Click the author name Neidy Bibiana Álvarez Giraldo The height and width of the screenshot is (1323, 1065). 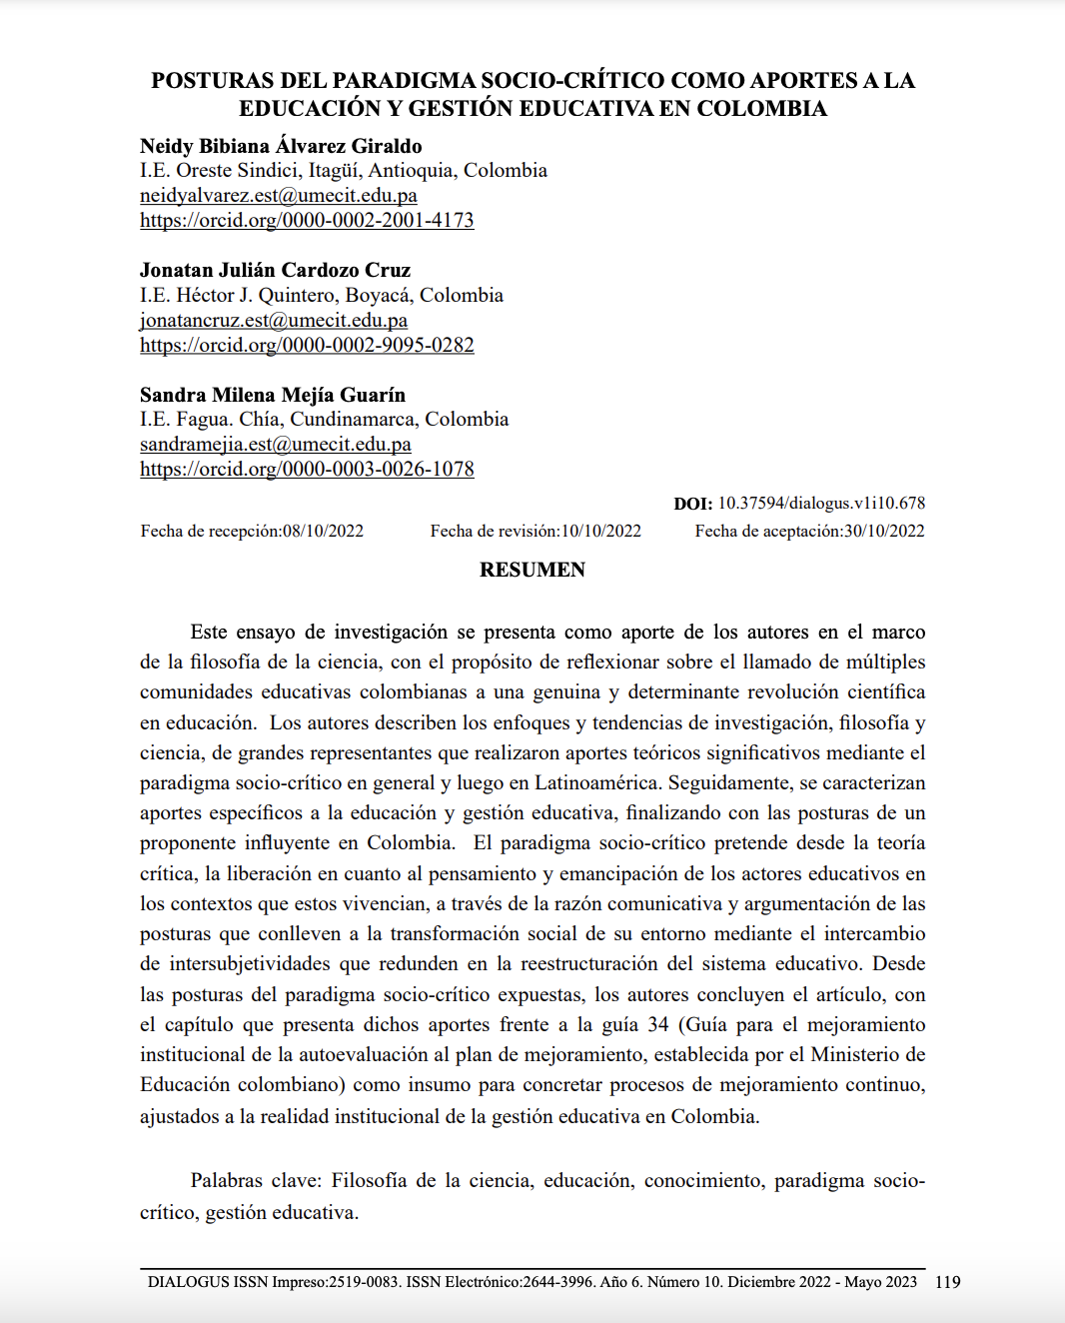281,146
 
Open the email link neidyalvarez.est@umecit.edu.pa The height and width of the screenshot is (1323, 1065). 279,196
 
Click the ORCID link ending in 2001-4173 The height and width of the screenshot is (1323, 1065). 307,220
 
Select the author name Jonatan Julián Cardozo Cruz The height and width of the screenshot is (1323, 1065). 275,270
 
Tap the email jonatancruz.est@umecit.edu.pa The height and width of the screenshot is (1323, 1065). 274,321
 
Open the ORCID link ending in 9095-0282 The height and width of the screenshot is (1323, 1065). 307,345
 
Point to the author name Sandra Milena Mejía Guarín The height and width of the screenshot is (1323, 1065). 273,395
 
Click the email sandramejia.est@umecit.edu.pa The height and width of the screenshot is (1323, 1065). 276,445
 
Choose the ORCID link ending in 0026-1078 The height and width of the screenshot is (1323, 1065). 307,469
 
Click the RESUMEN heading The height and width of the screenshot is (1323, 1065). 532,570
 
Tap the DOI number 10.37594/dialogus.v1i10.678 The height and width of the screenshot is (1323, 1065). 821,503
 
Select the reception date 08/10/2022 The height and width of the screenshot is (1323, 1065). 323,531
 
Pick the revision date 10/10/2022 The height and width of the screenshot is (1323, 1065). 600,531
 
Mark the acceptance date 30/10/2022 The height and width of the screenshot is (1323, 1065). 884,531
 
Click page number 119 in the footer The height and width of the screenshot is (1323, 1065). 947,1282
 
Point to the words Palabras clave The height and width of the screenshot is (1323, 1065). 254,1180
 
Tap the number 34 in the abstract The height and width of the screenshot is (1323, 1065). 658,1024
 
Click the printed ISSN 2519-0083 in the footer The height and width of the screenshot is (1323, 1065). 365,1282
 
